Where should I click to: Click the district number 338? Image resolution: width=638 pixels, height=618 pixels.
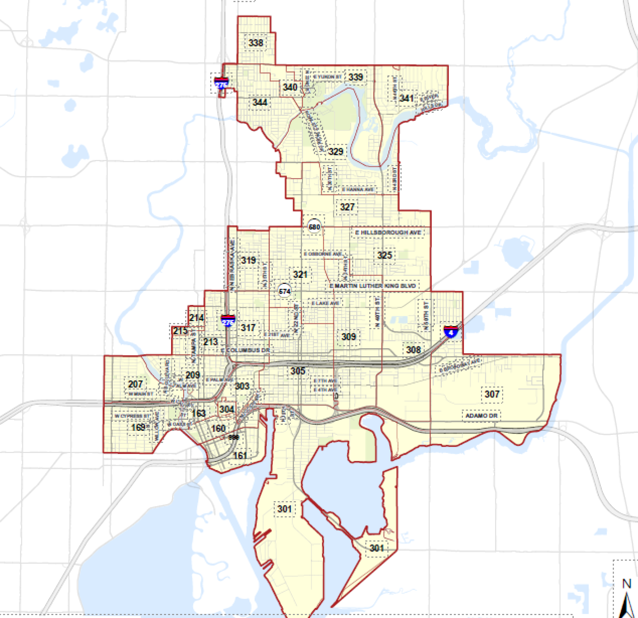click(x=256, y=43)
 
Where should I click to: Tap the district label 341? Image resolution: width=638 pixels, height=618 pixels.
click(x=406, y=98)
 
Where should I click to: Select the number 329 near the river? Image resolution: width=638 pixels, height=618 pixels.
click(x=335, y=152)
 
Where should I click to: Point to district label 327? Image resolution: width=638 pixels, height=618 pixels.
click(x=347, y=207)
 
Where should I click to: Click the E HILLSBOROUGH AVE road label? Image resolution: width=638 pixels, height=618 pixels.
click(x=388, y=232)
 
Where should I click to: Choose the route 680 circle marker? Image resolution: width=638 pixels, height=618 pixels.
click(x=314, y=227)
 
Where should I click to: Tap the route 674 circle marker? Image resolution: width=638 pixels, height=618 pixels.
click(x=285, y=291)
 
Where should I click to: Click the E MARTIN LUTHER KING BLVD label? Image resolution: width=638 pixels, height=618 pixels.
click(x=373, y=286)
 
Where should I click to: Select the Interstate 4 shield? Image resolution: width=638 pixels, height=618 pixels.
click(x=451, y=331)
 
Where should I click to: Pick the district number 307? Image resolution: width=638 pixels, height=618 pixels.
click(x=492, y=394)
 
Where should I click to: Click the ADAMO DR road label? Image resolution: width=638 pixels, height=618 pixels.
click(x=481, y=416)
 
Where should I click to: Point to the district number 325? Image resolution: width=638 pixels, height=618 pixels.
click(x=384, y=255)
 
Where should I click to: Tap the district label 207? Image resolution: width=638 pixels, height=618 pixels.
click(x=135, y=384)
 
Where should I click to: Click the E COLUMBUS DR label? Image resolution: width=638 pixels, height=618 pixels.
click(x=245, y=350)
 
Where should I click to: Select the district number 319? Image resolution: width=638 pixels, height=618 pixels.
click(x=248, y=260)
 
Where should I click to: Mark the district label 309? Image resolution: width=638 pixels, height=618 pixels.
click(x=348, y=337)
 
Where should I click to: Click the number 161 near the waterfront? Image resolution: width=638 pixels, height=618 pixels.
click(x=240, y=456)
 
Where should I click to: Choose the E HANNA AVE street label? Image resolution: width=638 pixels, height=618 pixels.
click(x=358, y=190)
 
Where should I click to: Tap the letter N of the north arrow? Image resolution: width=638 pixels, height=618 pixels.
click(x=626, y=584)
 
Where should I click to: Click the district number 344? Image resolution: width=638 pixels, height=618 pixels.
click(x=260, y=102)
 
